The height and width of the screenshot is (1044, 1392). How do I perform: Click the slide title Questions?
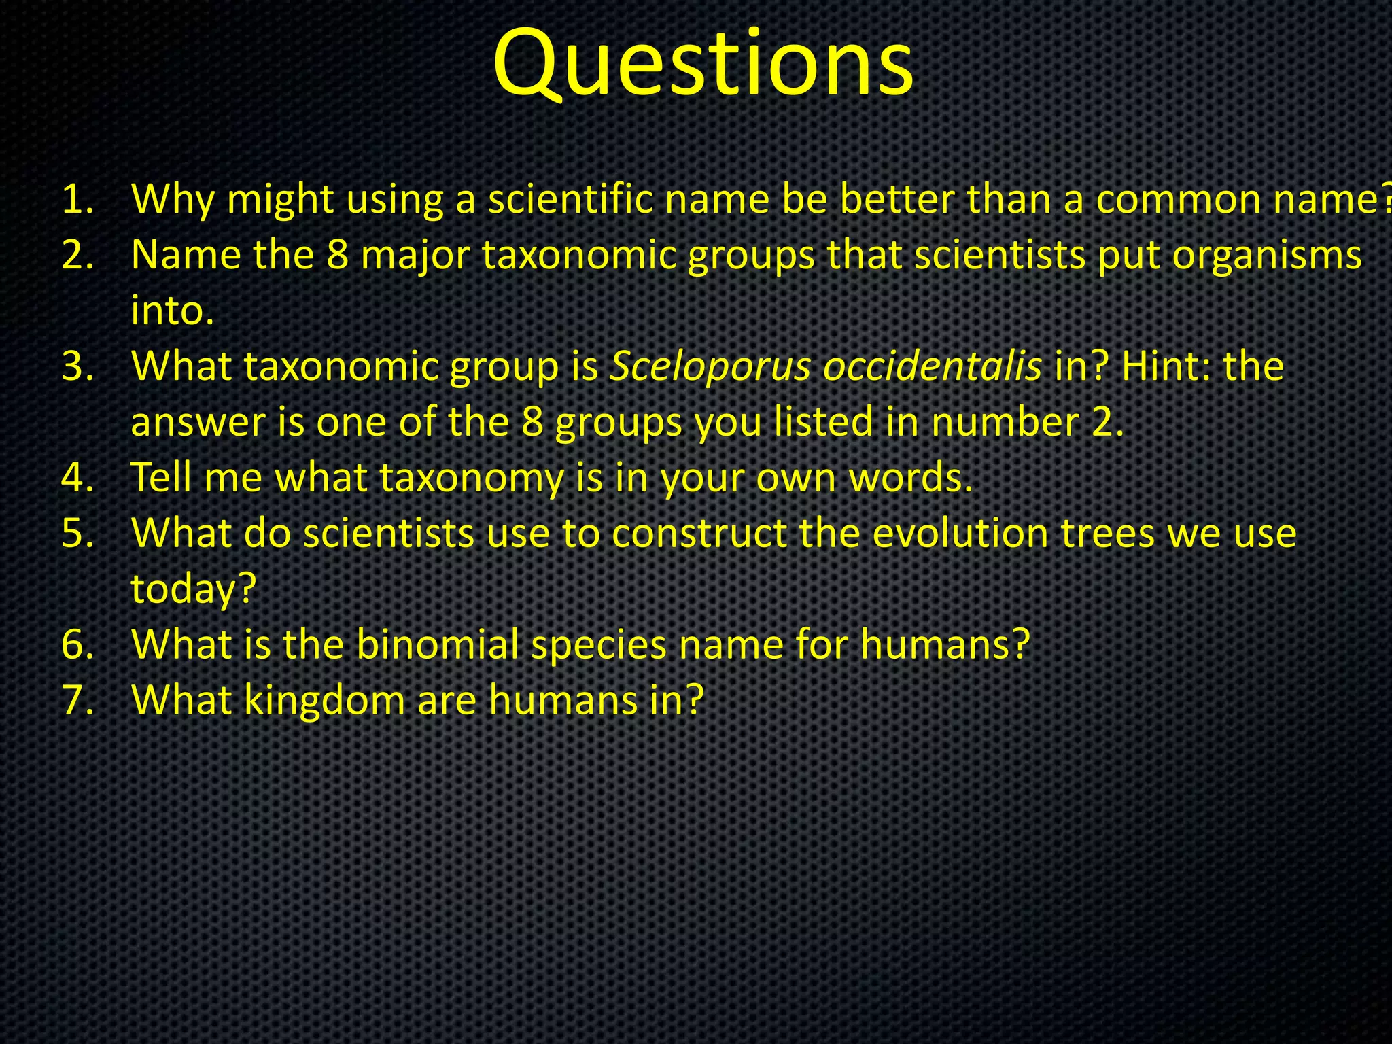click(703, 65)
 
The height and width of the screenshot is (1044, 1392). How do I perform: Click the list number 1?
click(77, 200)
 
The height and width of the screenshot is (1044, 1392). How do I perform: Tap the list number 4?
click(77, 478)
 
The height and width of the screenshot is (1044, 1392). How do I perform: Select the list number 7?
click(77, 700)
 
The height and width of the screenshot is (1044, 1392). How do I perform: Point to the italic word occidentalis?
click(932, 367)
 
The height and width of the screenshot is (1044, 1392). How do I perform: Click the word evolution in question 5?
click(960, 534)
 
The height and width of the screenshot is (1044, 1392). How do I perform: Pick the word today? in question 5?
click(193, 589)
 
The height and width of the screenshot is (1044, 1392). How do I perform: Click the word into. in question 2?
click(173, 311)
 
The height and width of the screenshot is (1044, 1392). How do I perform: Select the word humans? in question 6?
click(945, 644)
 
